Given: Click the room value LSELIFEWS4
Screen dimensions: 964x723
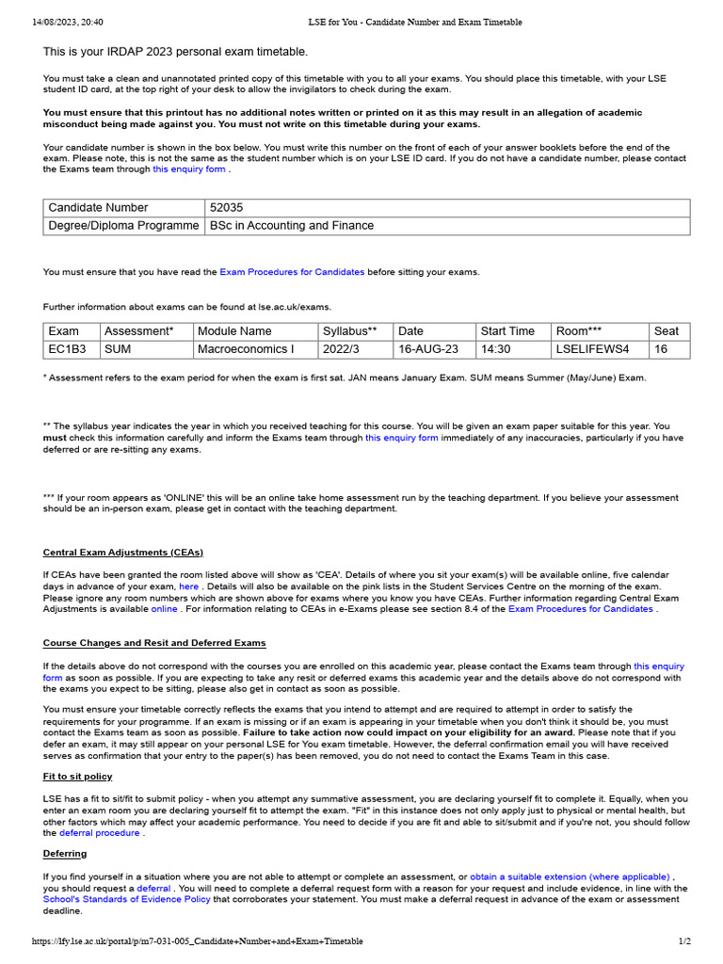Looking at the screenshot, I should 592,349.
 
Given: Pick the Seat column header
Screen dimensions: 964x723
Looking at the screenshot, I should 666,331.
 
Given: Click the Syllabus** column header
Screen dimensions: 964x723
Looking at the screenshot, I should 349,331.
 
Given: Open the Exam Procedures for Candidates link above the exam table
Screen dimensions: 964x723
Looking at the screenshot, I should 292,272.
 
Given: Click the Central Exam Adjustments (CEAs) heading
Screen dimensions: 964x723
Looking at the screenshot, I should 122,553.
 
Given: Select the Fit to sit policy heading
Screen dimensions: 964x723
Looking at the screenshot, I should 77,777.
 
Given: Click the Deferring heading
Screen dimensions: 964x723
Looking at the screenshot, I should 64,854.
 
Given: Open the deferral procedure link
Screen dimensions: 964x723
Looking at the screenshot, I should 99,833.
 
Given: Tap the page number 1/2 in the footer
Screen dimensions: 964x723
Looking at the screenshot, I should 684,941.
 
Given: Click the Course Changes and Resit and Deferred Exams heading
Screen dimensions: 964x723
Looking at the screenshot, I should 154,643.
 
